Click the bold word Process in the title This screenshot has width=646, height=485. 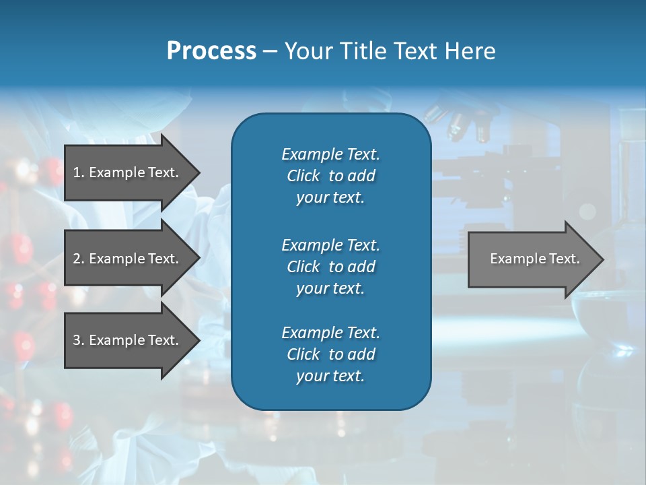211,51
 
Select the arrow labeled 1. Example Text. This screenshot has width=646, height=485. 128,172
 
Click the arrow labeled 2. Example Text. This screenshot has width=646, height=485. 128,259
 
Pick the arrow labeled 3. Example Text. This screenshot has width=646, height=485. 128,340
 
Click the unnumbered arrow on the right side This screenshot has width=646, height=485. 532,259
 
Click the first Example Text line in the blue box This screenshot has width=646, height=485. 330,154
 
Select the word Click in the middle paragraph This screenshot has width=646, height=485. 303,267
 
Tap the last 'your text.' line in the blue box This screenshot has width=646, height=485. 330,376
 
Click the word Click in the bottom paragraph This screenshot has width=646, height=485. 303,354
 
